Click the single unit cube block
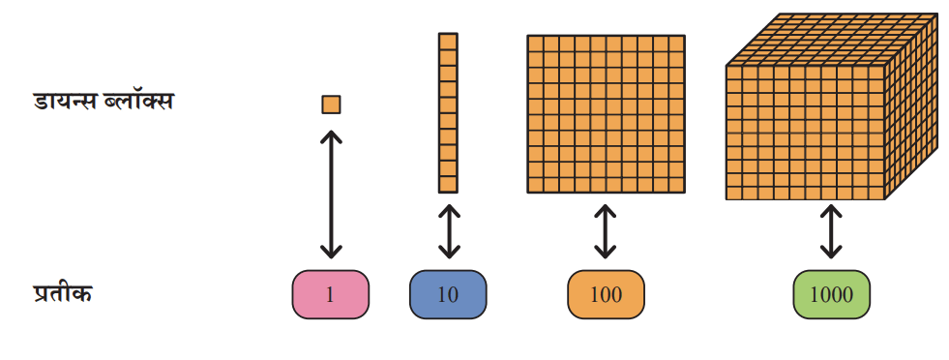331,105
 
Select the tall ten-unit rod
448,113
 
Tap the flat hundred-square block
606,114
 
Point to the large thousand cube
832,105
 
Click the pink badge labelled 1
331,294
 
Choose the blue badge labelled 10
448,294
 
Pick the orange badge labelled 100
606,294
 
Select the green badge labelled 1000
832,294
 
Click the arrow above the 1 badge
331,194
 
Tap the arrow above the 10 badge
448,231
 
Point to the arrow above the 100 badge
606,231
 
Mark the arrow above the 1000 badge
831,231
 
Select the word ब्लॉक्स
143,101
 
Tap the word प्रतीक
62,293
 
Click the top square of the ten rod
448,42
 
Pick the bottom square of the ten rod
448,185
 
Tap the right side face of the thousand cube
911,105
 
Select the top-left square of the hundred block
535,43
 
